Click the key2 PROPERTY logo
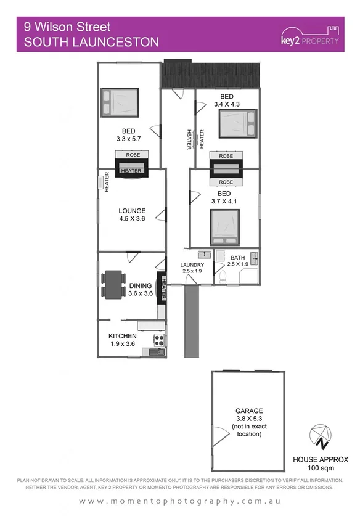tap(309, 35)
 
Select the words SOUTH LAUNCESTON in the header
tap(91, 42)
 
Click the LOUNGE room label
tap(132, 211)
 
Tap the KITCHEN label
tap(122, 336)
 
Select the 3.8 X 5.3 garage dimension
tap(249, 419)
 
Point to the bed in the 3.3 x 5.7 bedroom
tap(120, 102)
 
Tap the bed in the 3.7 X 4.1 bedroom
tap(225, 227)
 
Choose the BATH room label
tap(237, 258)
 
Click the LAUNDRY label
tap(191, 265)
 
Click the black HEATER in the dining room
tap(163, 288)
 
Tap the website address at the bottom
tap(180, 501)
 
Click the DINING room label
tap(141, 285)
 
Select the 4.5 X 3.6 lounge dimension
tap(132, 219)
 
